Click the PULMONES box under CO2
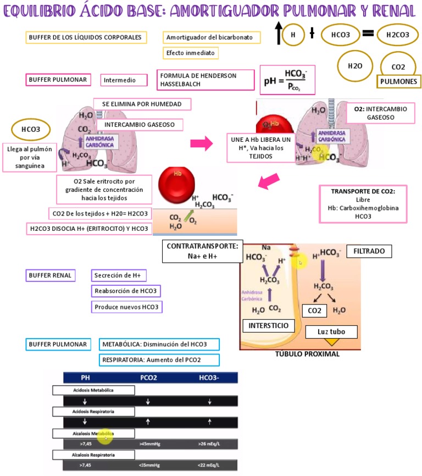pos(398,82)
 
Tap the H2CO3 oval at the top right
pos(398,35)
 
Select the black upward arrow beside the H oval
pos(278,34)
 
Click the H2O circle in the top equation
pos(355,65)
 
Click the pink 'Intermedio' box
pos(126,80)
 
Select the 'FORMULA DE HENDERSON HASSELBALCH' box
pos(206,80)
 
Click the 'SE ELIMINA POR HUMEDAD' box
pos(142,104)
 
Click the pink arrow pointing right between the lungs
pos(201,143)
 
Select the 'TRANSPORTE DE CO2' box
pos(363,204)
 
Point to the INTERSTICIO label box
pos(268,326)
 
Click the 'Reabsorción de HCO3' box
pos(127,291)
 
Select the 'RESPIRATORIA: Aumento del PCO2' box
pos(159,360)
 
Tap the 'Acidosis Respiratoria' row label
pos(94,411)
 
